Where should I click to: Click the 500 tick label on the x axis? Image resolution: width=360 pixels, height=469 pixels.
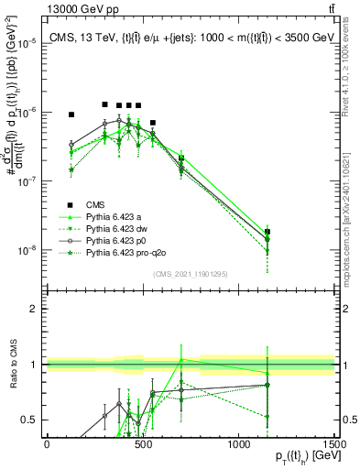coord(143,444)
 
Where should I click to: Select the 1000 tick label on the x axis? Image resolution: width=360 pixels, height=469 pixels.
coord(239,444)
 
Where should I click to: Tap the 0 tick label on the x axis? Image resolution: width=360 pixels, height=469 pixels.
coord(47,444)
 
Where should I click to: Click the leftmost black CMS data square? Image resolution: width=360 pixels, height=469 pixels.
coord(71,115)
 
